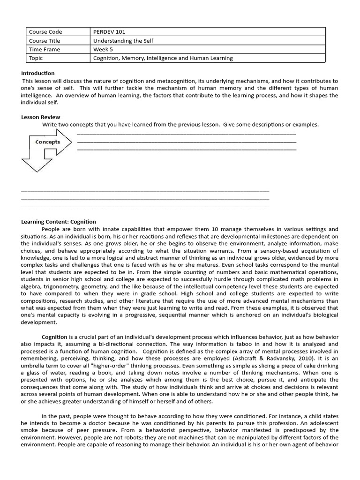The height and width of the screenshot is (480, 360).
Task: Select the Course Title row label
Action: [x=43, y=41]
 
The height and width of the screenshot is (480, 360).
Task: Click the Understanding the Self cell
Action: [x=123, y=41]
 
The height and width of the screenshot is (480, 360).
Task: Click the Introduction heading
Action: [x=38, y=73]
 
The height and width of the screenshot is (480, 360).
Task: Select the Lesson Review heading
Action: [x=41, y=117]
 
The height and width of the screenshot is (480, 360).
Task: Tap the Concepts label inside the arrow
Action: [x=48, y=142]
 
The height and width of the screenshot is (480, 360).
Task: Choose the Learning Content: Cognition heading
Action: [x=59, y=222]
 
